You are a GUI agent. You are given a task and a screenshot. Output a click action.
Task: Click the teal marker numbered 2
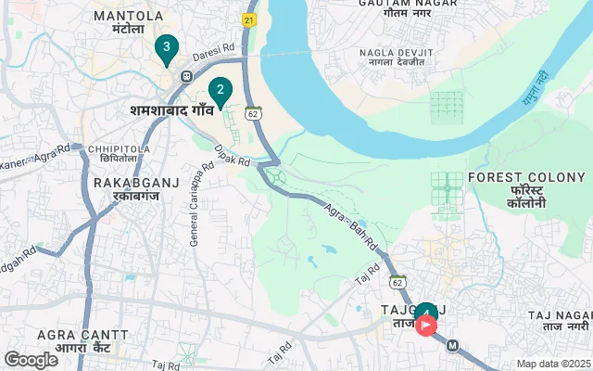pos(220,91)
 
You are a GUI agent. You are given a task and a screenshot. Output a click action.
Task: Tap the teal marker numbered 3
pos(166,46)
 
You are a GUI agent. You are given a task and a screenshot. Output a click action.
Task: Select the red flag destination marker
pos(427,325)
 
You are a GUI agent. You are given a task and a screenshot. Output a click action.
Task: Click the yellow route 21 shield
pos(249,19)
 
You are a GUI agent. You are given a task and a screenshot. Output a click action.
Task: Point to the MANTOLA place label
pos(129,17)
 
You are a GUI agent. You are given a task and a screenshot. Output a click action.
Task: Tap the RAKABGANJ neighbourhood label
pos(129,184)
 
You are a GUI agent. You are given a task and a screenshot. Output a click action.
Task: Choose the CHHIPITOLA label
pos(120,147)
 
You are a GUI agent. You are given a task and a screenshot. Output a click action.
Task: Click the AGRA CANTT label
pos(82,334)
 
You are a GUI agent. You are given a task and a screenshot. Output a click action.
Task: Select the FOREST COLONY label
pos(527,177)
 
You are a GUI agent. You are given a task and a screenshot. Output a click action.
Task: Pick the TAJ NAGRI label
pos(560,316)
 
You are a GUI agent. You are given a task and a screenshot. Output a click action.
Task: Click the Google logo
pos(31,360)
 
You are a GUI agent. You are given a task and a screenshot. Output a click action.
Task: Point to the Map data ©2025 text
pos(553,364)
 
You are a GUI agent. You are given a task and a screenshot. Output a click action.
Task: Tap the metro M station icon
pos(453,346)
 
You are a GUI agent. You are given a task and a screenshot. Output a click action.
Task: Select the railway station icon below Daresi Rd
pos(186,76)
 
